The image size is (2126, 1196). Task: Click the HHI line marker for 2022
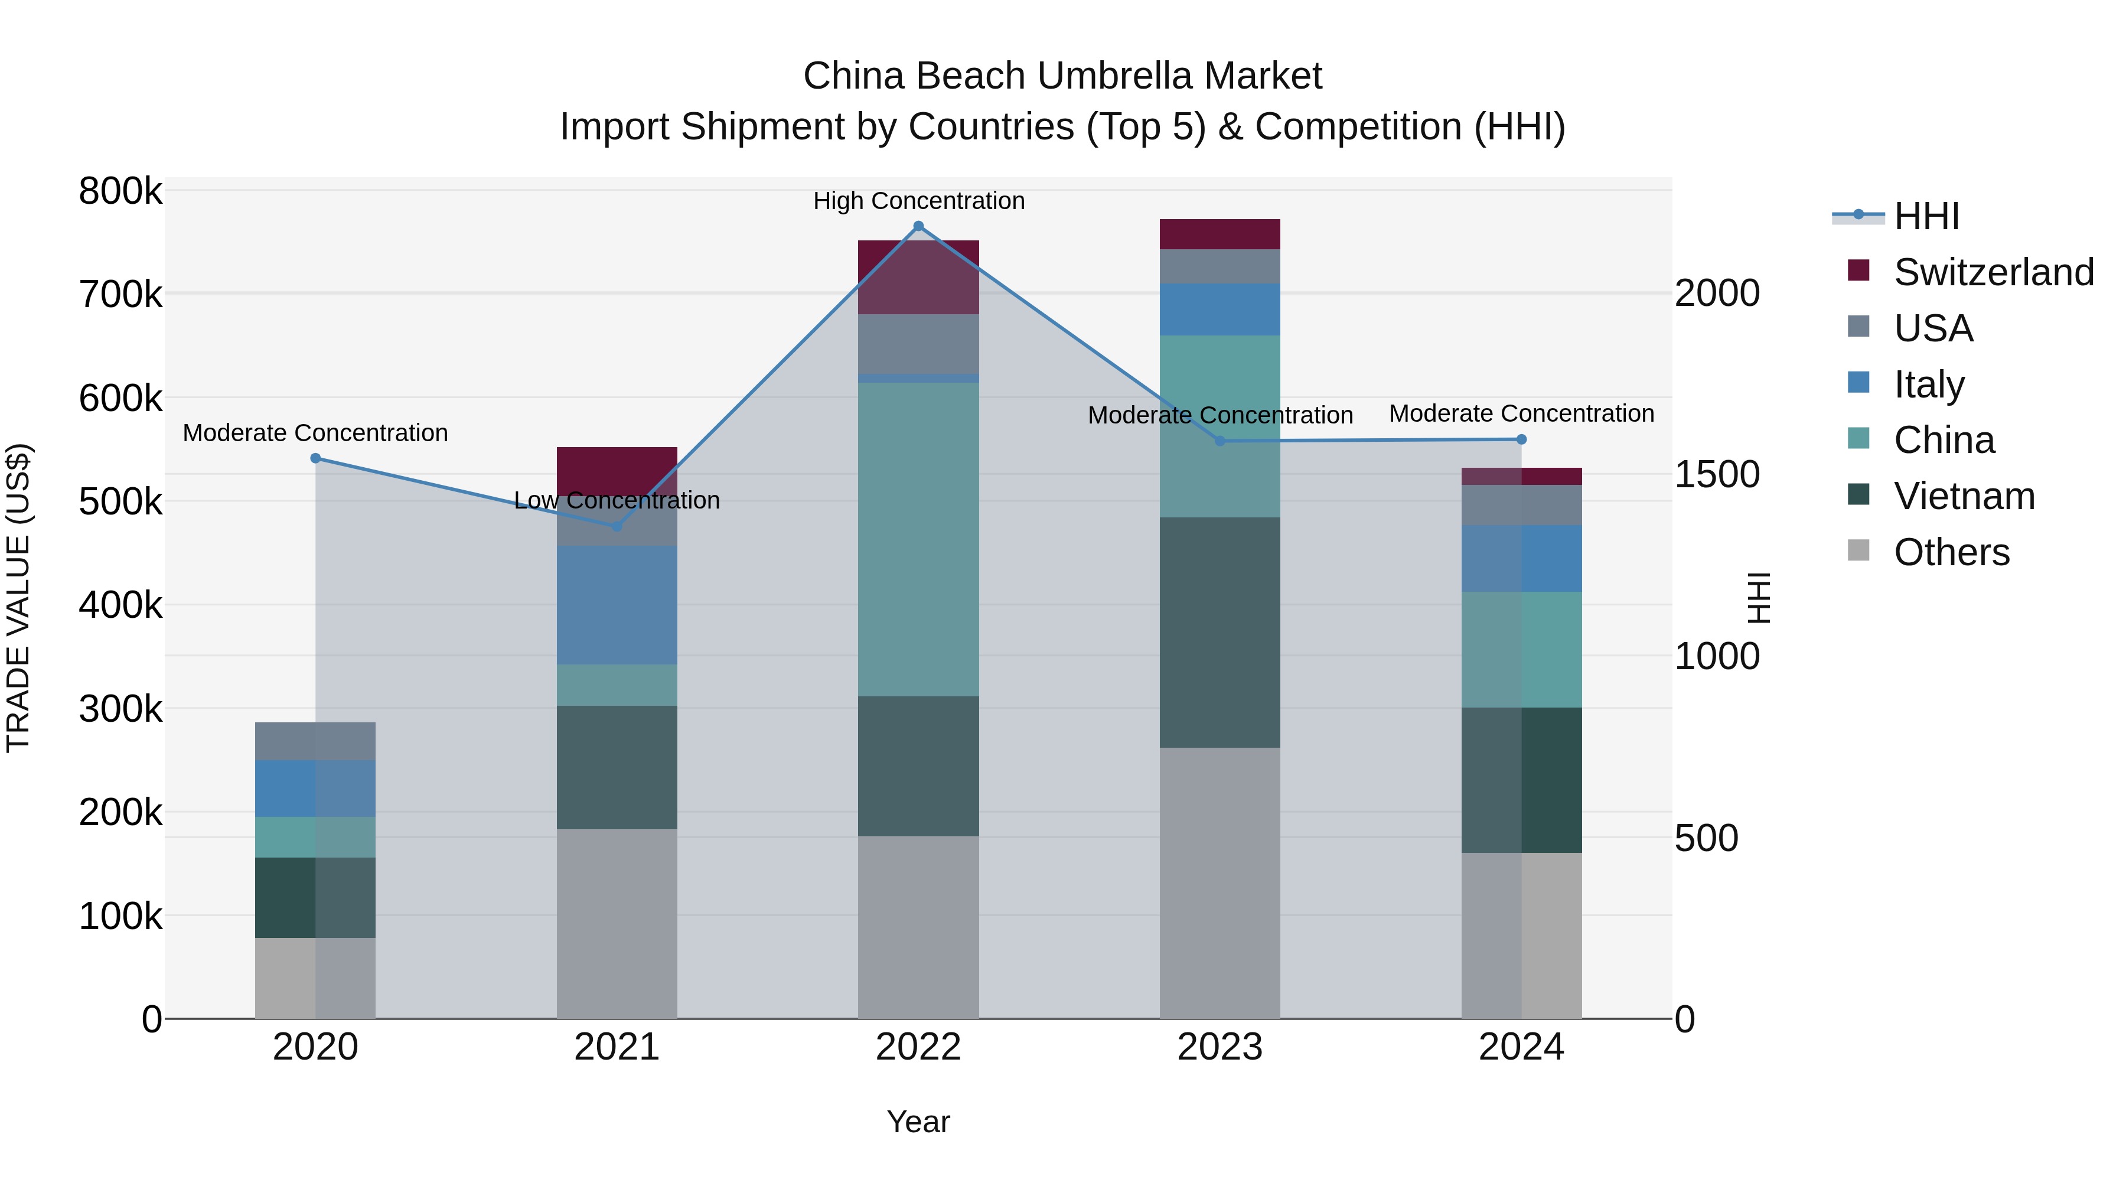918,226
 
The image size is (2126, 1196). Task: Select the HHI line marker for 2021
617,526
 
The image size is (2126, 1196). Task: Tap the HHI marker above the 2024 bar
1521,439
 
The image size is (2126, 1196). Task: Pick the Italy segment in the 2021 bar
617,604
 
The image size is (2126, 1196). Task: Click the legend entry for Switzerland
1993,272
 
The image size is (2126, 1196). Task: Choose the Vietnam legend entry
1964,496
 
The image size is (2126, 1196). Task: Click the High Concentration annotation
918,201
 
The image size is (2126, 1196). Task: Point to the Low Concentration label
617,500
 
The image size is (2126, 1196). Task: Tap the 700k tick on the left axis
120,295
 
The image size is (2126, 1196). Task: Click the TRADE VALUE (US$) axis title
18,598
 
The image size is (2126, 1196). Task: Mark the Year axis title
918,1122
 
